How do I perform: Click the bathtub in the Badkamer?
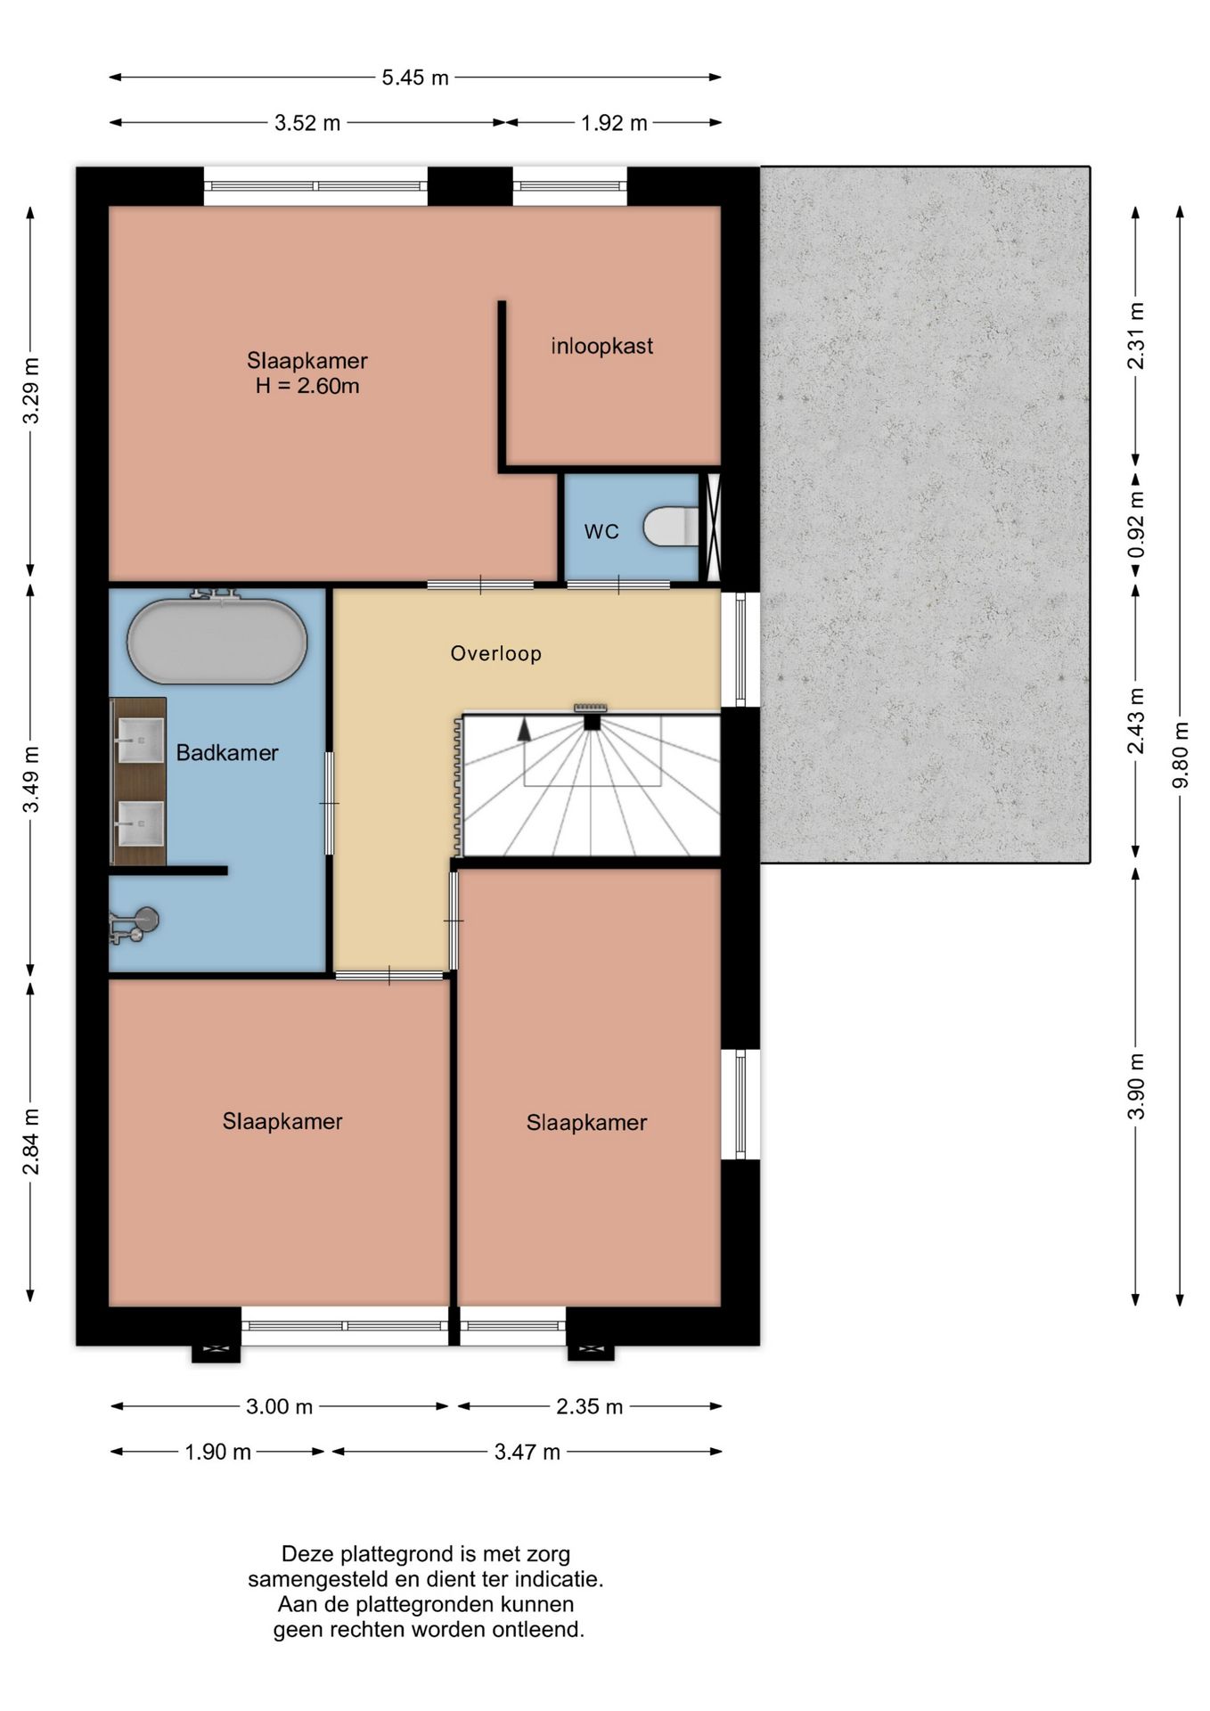tap(217, 641)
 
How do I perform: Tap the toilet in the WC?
tap(672, 526)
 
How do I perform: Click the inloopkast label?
tap(602, 346)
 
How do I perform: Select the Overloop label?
tap(496, 653)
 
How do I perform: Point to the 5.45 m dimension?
tap(415, 78)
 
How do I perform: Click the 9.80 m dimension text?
tap(1181, 755)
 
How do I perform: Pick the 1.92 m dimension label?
tap(614, 123)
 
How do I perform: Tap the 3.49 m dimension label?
tap(31, 779)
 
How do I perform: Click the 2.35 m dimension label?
tap(589, 1406)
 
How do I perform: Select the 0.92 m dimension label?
tap(1136, 526)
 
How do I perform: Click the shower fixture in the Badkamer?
tap(135, 925)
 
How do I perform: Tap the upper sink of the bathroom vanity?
tap(141, 740)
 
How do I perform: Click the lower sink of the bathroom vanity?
tap(141, 823)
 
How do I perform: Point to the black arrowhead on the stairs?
tap(525, 729)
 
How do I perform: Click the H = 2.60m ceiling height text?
tap(307, 386)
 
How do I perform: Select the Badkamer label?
tap(227, 753)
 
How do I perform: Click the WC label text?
tap(601, 532)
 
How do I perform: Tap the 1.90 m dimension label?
tap(217, 1452)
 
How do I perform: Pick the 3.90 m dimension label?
tap(1136, 1086)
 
